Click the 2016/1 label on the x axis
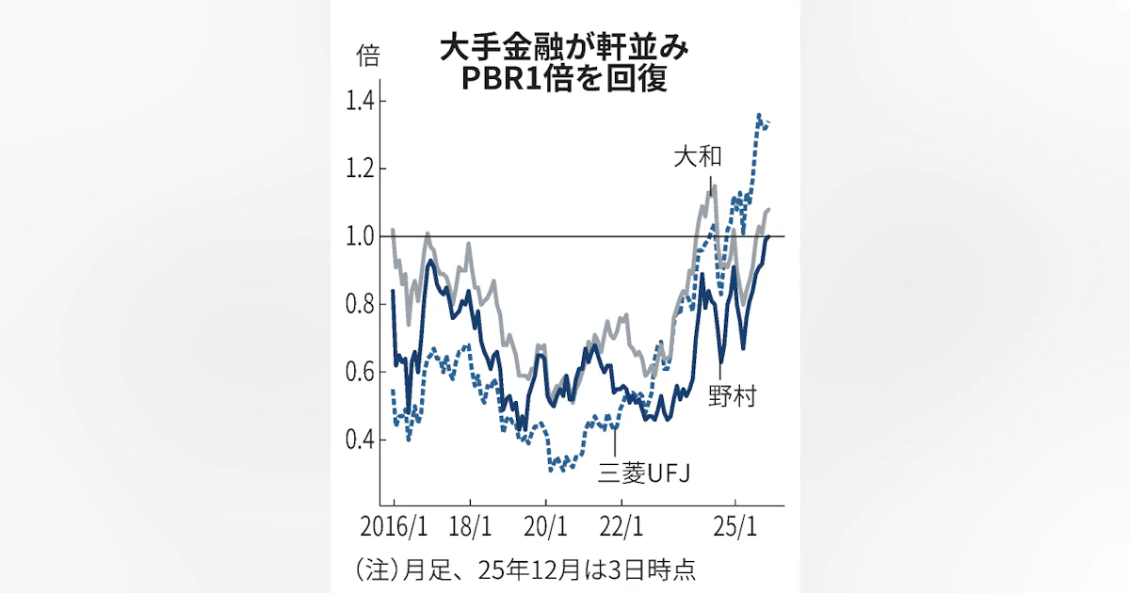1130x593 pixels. coord(394,524)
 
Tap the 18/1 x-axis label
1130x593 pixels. coord(471,524)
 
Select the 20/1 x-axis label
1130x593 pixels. coord(547,524)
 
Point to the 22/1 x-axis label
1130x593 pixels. coord(623,524)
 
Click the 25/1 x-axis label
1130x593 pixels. coord(738,524)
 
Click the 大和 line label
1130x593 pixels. coord(698,156)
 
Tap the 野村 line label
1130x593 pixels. coord(732,395)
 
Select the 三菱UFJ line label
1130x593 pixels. coord(645,473)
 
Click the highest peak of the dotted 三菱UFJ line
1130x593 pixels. coord(759,116)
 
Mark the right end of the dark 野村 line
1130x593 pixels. coord(769,236)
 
